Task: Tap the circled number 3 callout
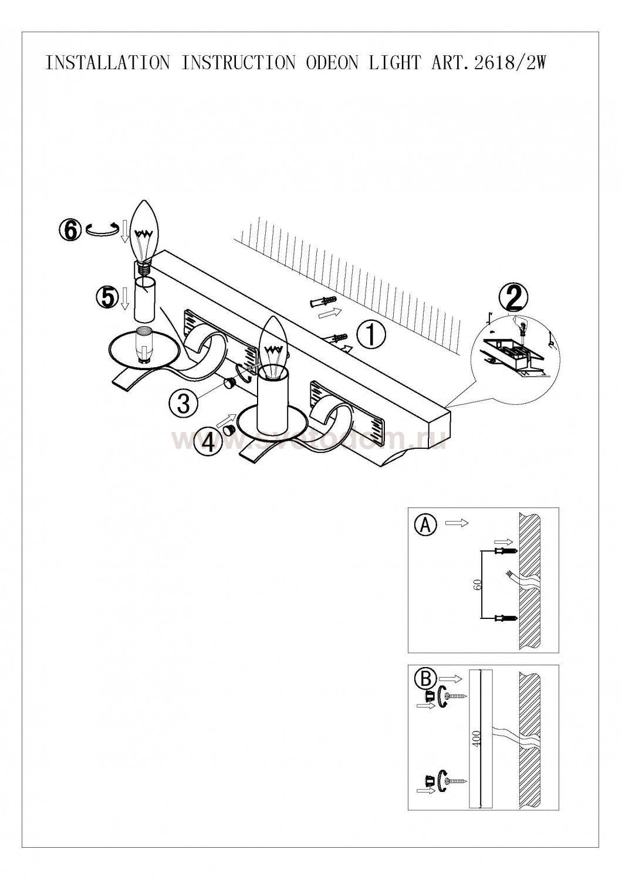click(x=182, y=403)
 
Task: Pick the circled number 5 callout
click(x=106, y=297)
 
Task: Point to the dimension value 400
click(x=476, y=740)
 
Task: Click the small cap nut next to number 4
click(x=229, y=430)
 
